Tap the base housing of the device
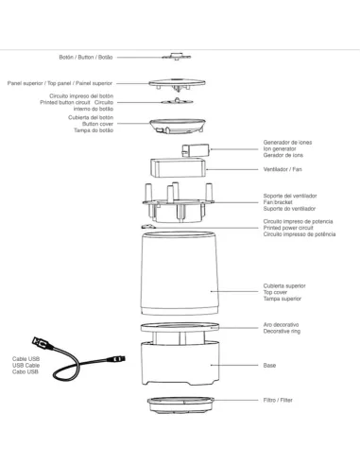coord(180,364)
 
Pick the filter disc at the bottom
coord(180,405)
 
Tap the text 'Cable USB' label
coord(26,359)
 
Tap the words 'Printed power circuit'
coord(289,228)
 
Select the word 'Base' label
coord(269,364)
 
